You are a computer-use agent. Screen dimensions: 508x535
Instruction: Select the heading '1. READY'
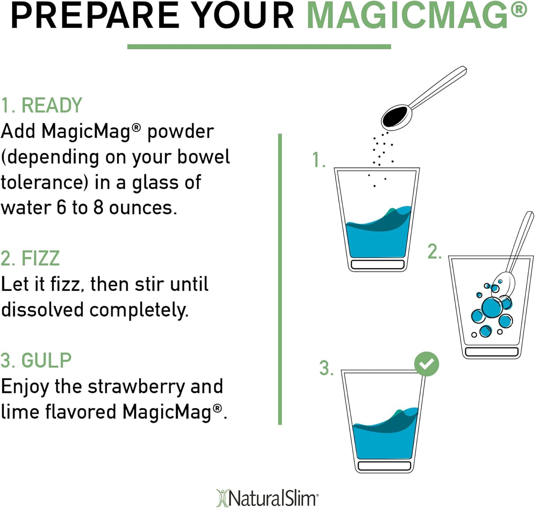(41, 105)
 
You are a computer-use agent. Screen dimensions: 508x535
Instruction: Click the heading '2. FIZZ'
(30, 258)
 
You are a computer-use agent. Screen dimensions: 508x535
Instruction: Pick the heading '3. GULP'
(36, 360)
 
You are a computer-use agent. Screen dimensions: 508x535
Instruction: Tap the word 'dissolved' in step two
(42, 310)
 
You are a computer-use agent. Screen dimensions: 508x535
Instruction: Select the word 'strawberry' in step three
(136, 387)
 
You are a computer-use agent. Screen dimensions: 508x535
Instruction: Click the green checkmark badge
(427, 364)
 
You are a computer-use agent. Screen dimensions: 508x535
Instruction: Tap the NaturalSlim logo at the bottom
(267, 498)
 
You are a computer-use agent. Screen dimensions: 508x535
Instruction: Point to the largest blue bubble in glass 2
(492, 307)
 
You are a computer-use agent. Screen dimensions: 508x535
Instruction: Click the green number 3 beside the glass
(326, 369)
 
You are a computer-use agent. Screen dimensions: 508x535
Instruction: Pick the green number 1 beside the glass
(318, 160)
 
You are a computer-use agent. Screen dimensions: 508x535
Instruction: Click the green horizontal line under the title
(259, 47)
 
